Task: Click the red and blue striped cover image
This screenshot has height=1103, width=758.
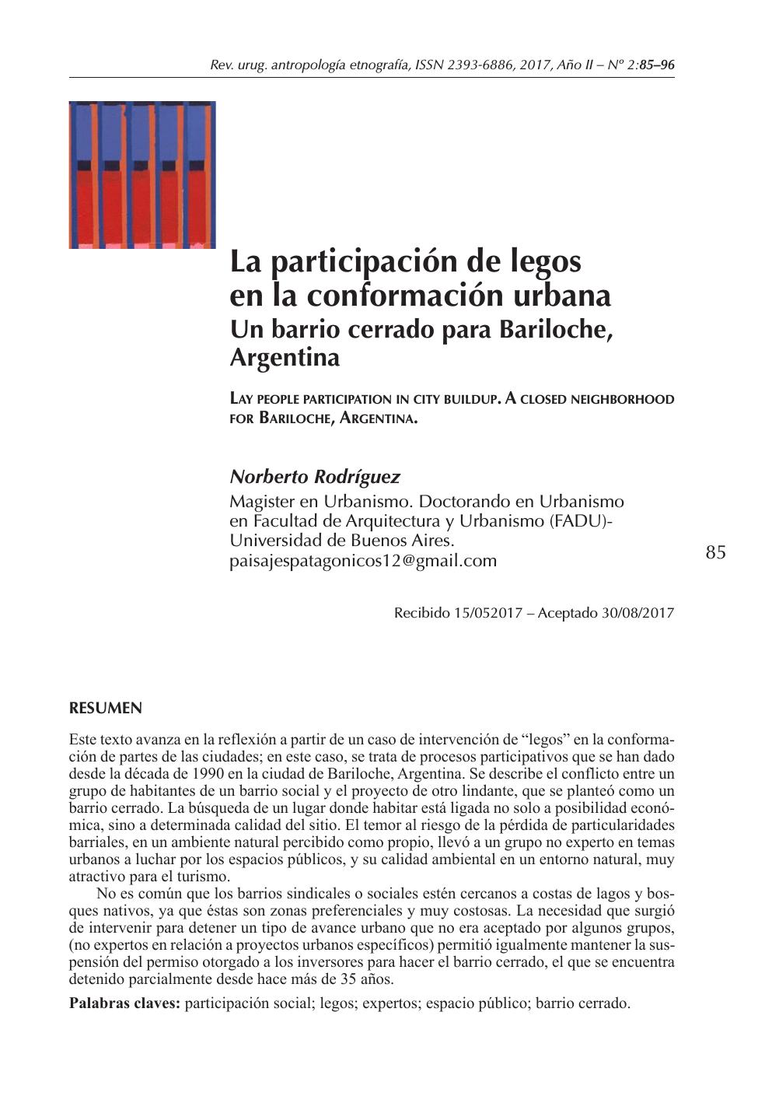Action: pyautogui.click(x=142, y=175)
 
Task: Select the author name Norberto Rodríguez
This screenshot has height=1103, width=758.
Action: pyautogui.click(x=315, y=476)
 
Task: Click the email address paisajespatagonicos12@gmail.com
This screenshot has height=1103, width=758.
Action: pyautogui.click(x=363, y=560)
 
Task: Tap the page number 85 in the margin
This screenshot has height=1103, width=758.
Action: pyautogui.click(x=716, y=552)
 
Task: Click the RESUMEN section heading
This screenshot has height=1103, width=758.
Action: pyautogui.click(x=106, y=709)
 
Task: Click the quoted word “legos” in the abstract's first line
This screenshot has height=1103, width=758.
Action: pyautogui.click(x=545, y=739)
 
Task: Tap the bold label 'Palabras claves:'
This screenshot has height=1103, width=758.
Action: pyautogui.click(x=124, y=1003)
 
